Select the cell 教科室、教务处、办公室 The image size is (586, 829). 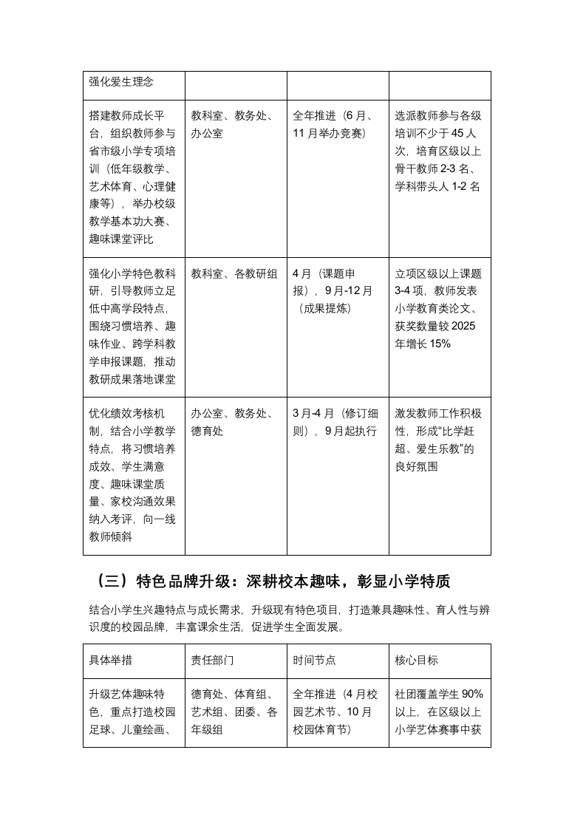click(232, 125)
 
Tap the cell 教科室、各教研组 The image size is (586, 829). click(234, 274)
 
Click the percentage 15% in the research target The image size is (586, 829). click(437, 344)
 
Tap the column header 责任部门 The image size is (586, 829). click(212, 660)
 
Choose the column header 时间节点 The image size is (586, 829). click(315, 660)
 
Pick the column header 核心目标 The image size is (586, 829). click(417, 660)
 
